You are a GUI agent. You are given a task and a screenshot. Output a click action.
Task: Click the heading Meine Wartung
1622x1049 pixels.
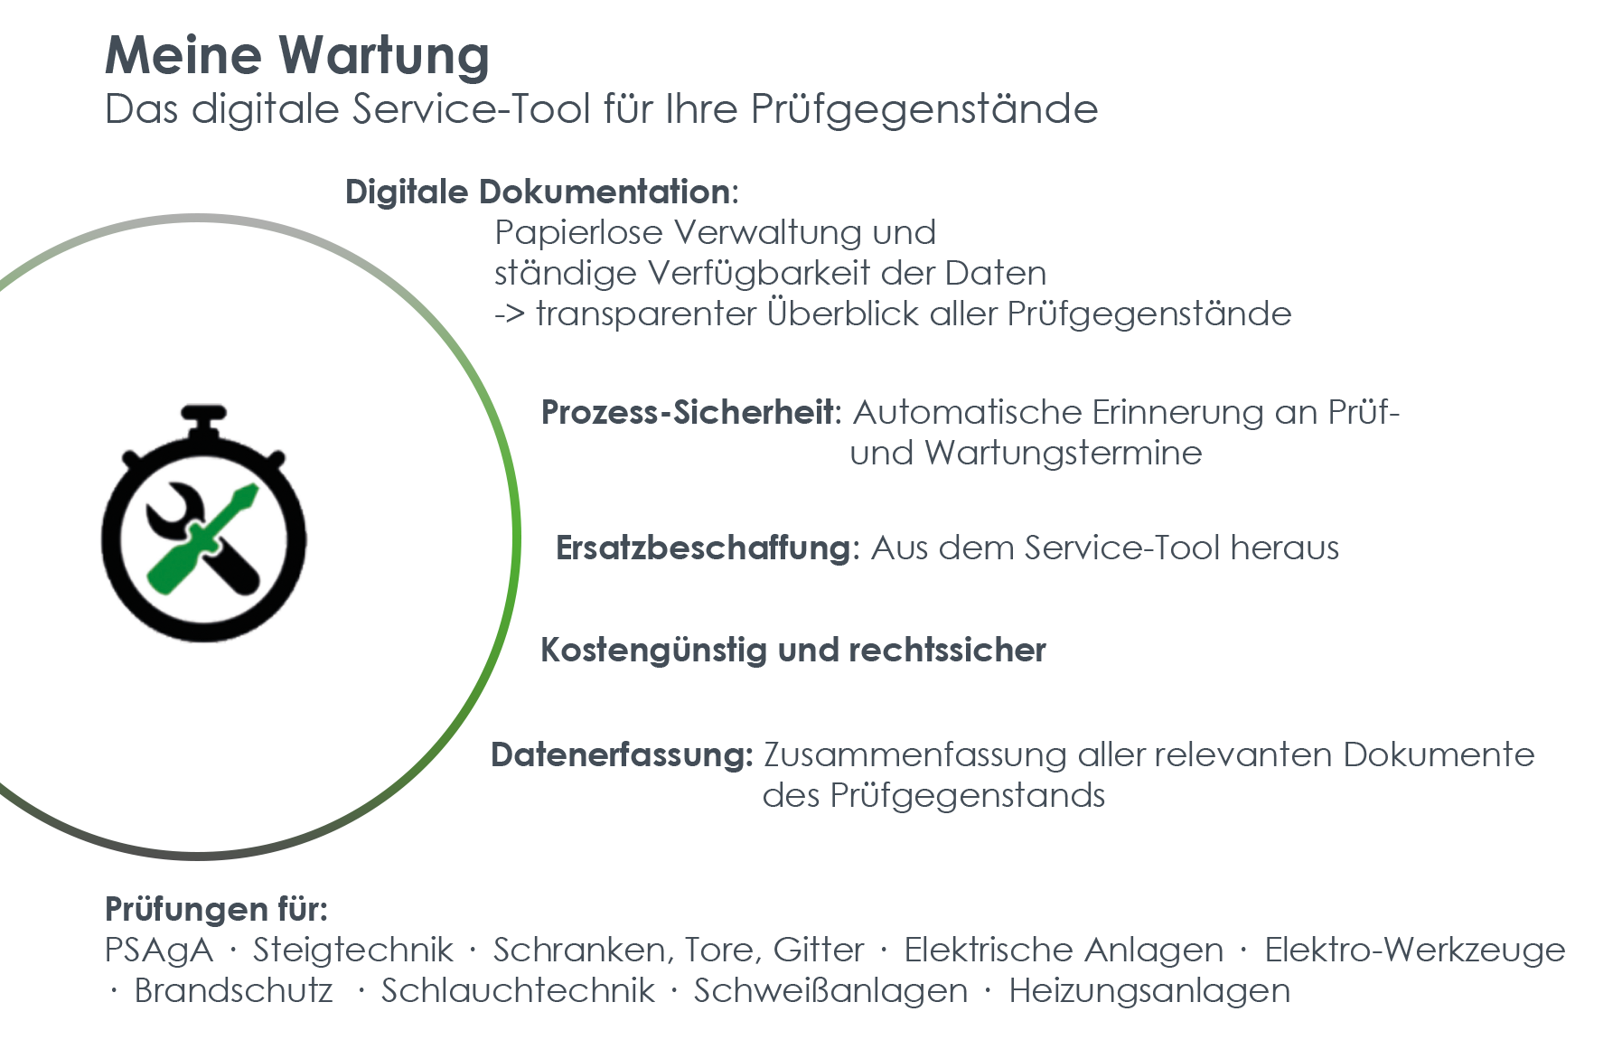297,55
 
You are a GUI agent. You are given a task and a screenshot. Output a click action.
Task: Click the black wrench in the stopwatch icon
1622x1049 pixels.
202,539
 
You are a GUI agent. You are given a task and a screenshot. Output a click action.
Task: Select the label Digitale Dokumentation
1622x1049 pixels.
540,192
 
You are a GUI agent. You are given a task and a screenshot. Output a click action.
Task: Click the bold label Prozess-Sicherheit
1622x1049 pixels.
690,412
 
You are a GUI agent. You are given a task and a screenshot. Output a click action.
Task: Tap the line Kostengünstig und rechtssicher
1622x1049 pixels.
793,651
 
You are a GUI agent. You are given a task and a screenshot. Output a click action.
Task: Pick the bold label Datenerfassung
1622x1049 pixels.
621,754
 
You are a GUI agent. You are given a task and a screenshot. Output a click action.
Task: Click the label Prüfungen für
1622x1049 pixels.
216,908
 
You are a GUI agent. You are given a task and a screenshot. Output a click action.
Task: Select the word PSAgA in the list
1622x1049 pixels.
159,950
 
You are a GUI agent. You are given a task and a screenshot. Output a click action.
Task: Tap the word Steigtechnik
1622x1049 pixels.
353,950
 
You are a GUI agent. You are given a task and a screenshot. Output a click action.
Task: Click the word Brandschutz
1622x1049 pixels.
234,990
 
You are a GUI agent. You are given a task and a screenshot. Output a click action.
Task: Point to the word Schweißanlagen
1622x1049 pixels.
830,991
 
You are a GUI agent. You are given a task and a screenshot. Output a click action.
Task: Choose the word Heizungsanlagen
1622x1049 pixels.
1149,991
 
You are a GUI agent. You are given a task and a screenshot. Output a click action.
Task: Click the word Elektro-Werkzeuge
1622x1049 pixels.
1415,950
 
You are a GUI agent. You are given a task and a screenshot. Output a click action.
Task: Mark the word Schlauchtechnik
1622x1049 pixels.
518,990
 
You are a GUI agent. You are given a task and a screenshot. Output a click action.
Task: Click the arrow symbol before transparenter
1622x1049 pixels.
510,315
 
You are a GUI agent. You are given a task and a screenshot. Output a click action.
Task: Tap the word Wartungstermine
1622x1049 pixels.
1063,453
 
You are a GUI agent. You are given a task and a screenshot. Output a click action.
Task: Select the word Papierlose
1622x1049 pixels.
580,233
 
